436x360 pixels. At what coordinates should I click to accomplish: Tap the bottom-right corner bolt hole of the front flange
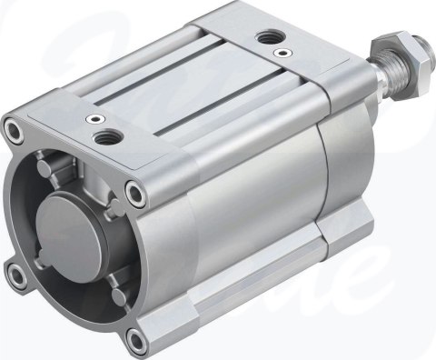135,338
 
